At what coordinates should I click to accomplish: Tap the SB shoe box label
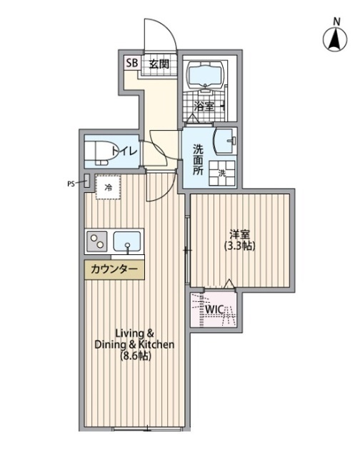tap(131, 63)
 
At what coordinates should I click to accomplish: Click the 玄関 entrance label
tap(159, 64)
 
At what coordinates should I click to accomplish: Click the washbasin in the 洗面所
tap(225, 141)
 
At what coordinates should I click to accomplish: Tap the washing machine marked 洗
tap(222, 173)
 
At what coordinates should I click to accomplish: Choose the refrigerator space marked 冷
tap(108, 187)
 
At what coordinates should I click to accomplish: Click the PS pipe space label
tap(71, 184)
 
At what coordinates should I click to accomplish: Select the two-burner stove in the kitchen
tap(97, 241)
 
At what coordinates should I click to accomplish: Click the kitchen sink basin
tap(127, 241)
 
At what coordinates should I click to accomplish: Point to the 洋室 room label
tap(239, 234)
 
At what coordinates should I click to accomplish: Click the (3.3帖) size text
tap(239, 246)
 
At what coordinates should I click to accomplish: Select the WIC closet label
tap(214, 309)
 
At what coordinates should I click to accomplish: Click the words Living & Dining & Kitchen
tap(134, 338)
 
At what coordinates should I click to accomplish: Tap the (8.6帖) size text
tap(136, 356)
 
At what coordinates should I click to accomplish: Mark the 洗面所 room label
tap(199, 160)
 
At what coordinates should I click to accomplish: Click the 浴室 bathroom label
tap(204, 106)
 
